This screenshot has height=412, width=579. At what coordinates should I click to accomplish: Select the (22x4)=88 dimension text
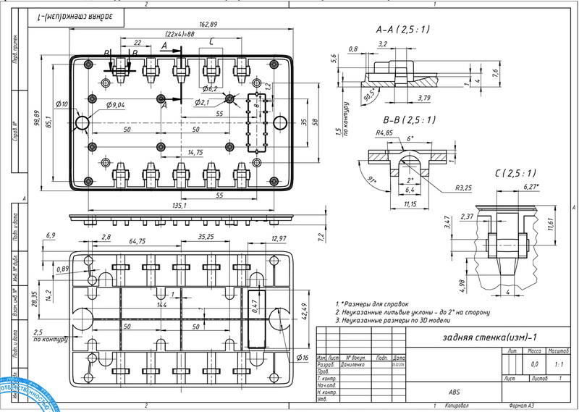pos(179,35)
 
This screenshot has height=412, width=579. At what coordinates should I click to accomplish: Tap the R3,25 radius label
pos(463,188)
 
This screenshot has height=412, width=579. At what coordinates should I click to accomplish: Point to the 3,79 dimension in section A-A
pos(423,97)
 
